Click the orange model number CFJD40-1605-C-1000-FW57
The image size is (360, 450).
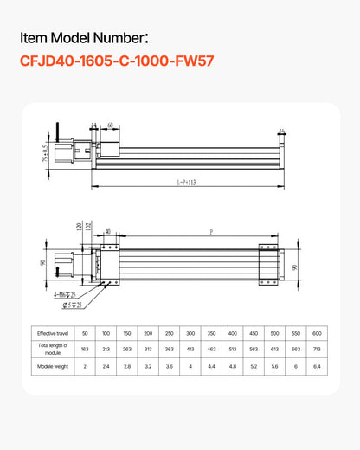click(117, 61)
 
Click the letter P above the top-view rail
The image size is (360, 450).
click(212, 232)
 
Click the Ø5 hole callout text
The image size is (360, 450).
click(72, 305)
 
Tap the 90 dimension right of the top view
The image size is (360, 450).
click(295, 267)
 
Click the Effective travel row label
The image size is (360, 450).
click(52, 333)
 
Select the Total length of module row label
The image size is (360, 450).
click(52, 350)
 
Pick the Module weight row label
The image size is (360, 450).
click(52, 367)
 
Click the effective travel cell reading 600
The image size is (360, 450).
click(317, 333)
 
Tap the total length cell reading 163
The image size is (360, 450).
click(85, 350)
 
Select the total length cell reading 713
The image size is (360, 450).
click(317, 350)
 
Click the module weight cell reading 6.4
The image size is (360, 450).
click(317, 367)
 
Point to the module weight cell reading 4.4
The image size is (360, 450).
click(211, 367)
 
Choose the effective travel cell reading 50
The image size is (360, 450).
click(85, 333)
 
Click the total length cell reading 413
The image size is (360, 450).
click(190, 350)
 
